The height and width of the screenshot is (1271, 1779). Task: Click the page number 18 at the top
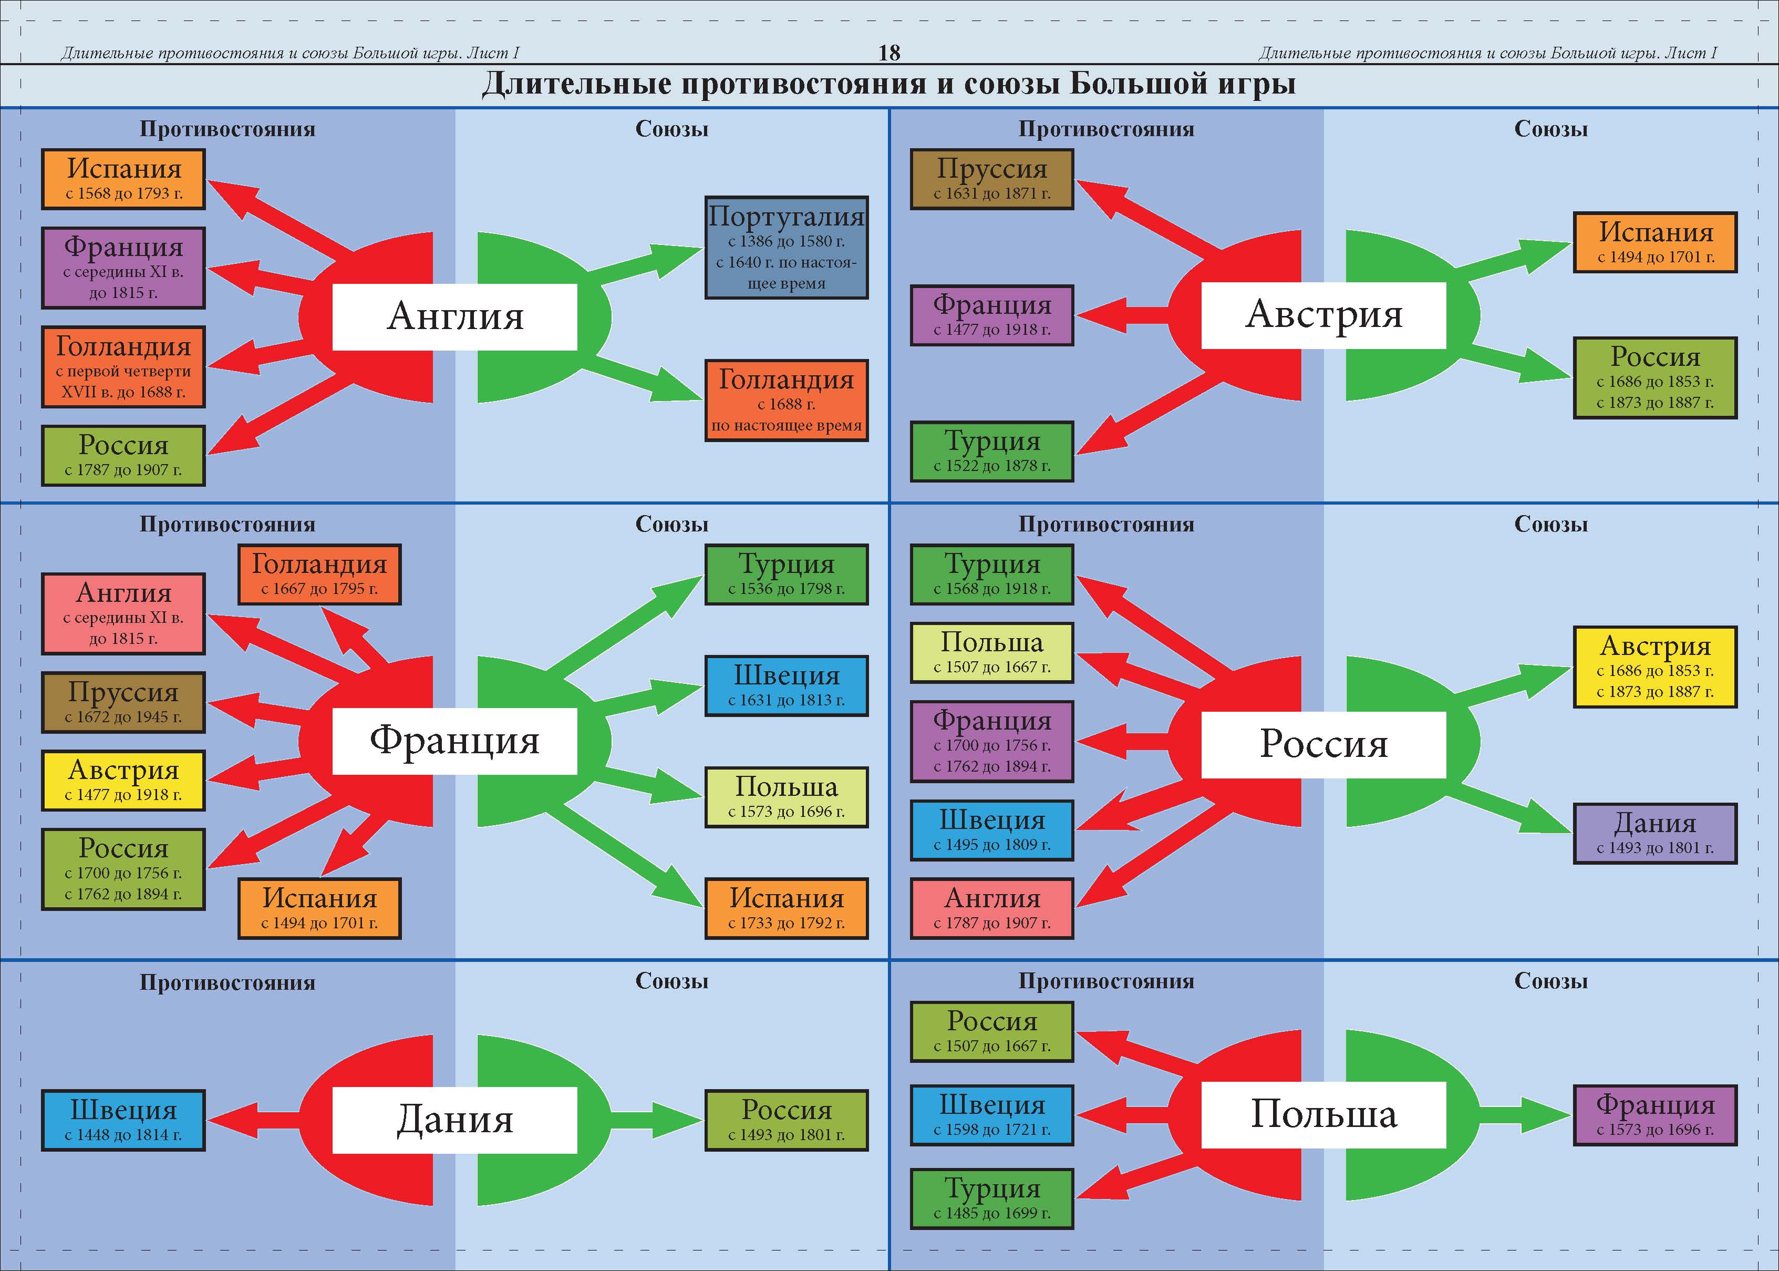890,53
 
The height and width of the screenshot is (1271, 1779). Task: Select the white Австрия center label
1323,315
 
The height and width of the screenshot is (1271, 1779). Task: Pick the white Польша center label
1323,1114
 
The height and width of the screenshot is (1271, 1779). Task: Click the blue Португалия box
786,247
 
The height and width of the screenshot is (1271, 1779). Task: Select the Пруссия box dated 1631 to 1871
991,179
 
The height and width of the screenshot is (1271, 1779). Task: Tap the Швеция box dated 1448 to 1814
123,1120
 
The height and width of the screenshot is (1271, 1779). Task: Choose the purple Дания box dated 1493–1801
1654,834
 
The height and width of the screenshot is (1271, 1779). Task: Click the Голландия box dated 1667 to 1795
319,575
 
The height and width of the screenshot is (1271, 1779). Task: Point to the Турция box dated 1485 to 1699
991,1198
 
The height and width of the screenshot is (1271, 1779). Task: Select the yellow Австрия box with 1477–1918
123,780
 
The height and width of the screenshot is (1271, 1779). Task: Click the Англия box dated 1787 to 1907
991,908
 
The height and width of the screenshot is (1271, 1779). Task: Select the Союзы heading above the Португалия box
671,129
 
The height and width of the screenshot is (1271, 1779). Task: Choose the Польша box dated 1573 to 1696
786,797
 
